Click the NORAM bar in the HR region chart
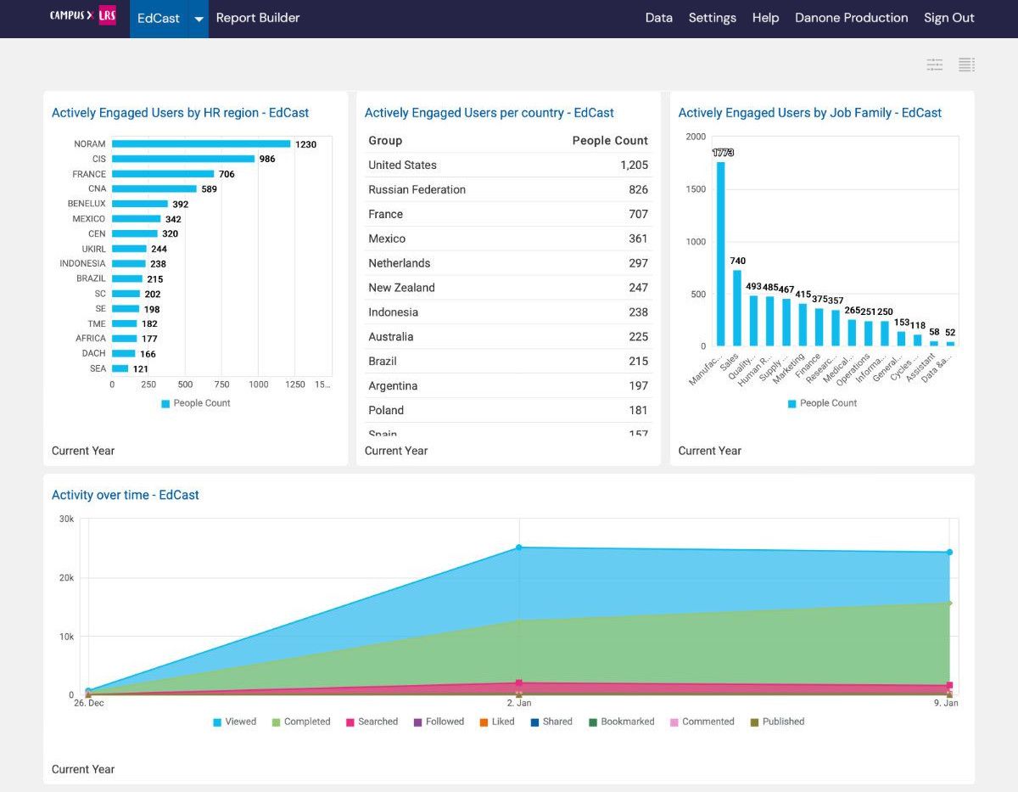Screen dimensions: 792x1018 (201, 144)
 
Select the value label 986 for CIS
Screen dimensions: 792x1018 (267, 160)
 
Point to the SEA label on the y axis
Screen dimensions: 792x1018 (98, 368)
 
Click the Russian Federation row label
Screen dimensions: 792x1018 (417, 189)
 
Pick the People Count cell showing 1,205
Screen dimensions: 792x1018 (634, 166)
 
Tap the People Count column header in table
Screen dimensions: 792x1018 (609, 141)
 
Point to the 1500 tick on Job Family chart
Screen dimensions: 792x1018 (696, 189)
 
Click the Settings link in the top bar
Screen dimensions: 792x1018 (712, 18)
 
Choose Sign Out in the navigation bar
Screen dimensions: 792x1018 (948, 18)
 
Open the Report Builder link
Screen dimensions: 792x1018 (258, 18)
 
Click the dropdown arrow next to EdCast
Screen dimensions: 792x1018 (198, 19)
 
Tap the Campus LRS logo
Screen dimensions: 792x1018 (82, 16)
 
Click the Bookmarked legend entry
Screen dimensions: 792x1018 (627, 722)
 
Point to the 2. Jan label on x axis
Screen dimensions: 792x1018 (518, 703)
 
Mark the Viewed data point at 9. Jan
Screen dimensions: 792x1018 (949, 553)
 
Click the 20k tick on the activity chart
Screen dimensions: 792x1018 (66, 578)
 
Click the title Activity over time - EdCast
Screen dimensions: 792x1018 (125, 495)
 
